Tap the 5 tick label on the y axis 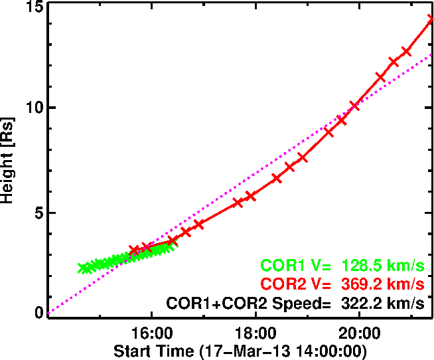(38, 213)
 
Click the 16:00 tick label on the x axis (151, 333)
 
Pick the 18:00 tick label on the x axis (255, 333)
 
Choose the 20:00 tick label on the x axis (359, 333)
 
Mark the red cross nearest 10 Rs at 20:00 (354, 105)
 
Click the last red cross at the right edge (431, 19)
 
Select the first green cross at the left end (82, 268)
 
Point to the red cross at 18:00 (251, 196)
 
